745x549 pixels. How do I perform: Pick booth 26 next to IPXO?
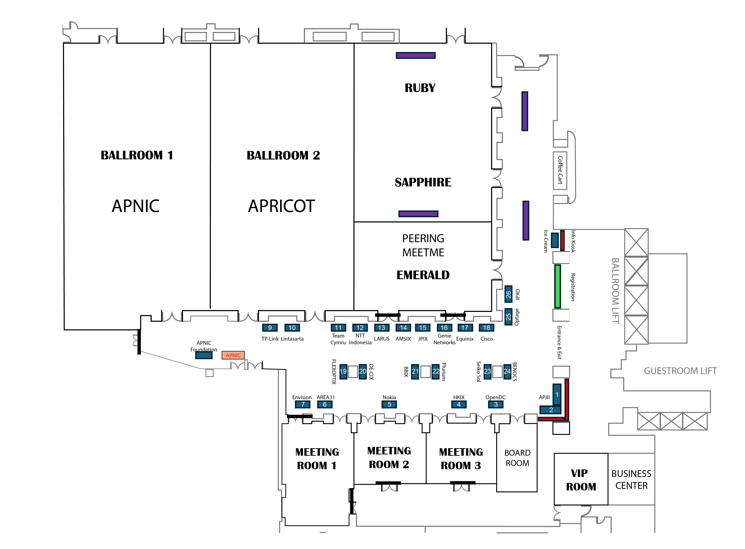508,294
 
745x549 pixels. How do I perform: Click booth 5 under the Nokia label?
389,404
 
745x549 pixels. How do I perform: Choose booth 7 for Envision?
303,404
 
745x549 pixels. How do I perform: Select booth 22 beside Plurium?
435,371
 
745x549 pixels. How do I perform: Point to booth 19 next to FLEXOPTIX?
343,371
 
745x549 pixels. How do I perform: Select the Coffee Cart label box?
560,170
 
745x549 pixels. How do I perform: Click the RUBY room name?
420,88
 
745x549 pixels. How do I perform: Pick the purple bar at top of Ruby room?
415,55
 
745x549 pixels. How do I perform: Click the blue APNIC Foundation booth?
204,355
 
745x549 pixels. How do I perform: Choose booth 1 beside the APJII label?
557,394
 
